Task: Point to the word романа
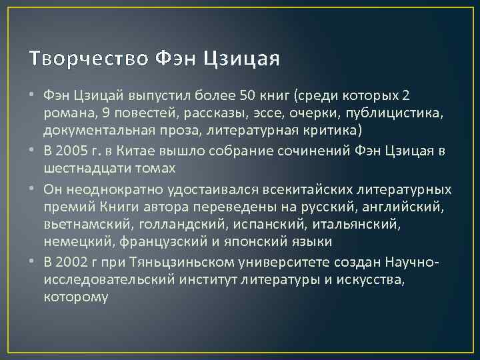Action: (66, 113)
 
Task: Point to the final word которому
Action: (74, 297)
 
